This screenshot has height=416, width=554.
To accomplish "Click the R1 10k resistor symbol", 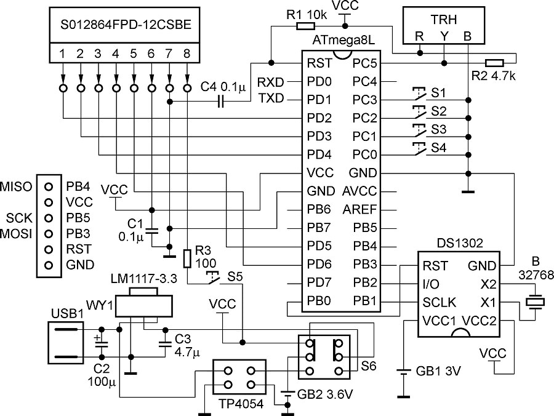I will [x=306, y=26].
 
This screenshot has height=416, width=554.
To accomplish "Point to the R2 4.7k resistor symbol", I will [x=494, y=62].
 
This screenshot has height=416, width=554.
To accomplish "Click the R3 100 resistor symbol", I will [x=188, y=257].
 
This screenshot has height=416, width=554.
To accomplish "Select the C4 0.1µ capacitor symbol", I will [x=220, y=100].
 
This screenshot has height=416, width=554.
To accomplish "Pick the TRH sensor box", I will [x=442, y=26].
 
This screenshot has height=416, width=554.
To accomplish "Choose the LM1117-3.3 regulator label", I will [x=144, y=279].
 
